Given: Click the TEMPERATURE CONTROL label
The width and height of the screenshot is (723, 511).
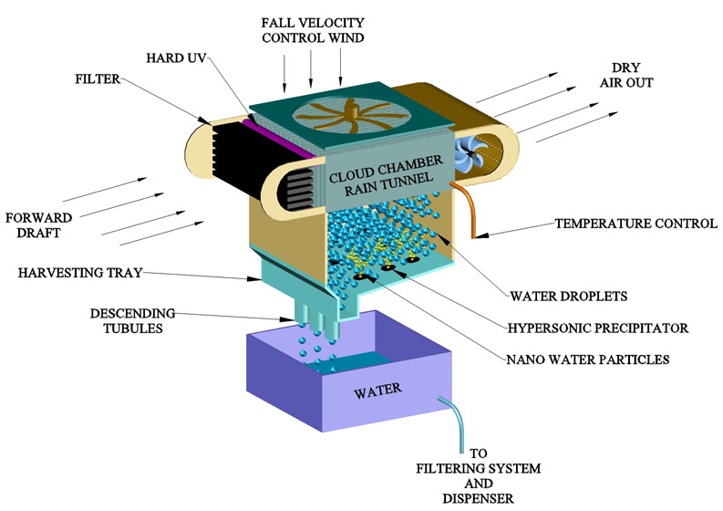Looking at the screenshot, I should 633,223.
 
